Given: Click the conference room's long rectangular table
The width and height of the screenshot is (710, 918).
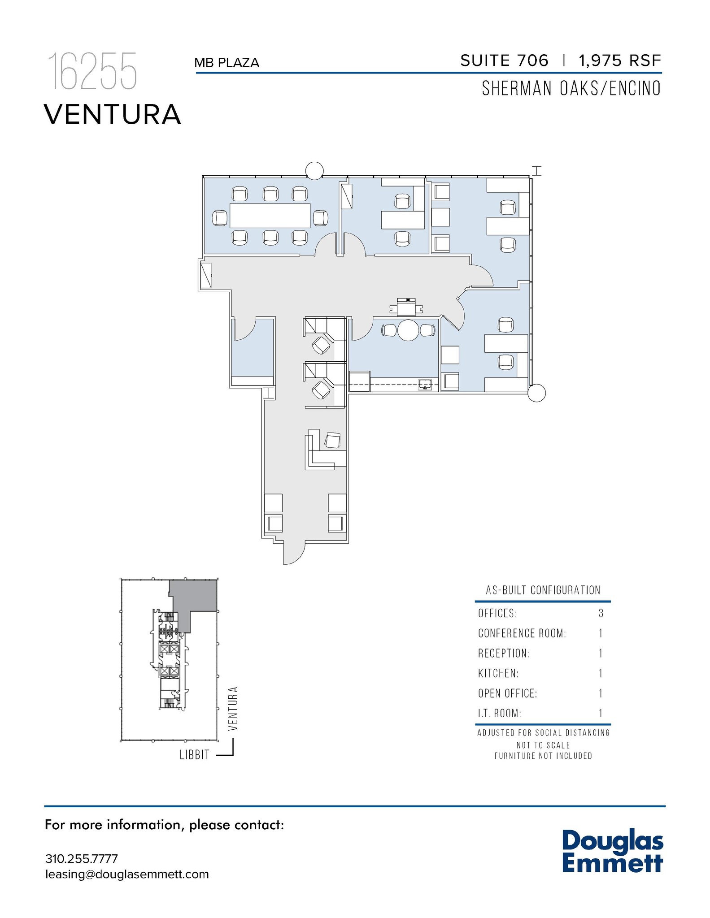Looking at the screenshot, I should [270, 216].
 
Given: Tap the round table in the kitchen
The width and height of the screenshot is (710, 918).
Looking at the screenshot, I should [408, 330].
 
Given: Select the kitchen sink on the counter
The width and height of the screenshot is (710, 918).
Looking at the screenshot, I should [424, 384].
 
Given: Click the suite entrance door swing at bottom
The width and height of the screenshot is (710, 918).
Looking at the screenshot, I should [292, 554].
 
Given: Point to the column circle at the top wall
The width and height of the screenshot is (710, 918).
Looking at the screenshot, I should [314, 170].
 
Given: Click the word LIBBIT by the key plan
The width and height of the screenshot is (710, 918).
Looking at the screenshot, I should [194, 755].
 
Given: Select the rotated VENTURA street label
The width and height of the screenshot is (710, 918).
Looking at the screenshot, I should [232, 709].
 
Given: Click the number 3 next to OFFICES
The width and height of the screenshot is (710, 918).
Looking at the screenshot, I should [601, 613].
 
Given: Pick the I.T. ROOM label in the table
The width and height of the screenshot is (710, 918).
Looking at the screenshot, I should [499, 713].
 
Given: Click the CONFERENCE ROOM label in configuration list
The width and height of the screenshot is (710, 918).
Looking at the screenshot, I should [522, 633].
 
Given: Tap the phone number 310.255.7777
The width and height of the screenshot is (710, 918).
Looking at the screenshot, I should [81, 859].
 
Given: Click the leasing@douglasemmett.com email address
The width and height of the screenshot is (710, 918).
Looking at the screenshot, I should [127, 874].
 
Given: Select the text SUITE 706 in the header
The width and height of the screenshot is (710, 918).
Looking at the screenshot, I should [504, 61].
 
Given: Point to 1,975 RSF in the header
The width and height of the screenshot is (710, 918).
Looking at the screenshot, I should [619, 61].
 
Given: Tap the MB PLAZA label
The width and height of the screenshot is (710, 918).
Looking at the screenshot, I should [227, 63].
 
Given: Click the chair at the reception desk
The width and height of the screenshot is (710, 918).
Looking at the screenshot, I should [332, 440].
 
